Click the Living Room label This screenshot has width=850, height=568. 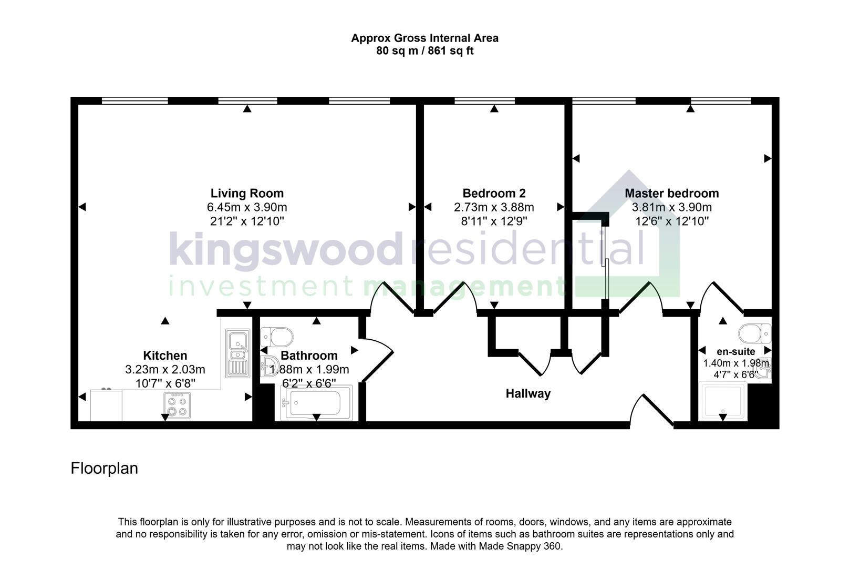pos(247,193)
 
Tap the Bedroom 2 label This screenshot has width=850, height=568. pos(494,193)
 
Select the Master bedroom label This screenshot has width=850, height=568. pos(671,193)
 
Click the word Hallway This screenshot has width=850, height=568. pos(528,393)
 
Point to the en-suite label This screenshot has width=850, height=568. pos(735,351)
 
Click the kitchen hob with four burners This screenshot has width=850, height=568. pos(177,405)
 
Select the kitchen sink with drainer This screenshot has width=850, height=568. pos(238,353)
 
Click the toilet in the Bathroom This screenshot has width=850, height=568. pos(277,335)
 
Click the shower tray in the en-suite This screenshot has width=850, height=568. pos(724,402)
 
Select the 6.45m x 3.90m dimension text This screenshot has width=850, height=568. pos(247,207)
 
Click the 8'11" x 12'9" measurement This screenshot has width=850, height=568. pos(494,221)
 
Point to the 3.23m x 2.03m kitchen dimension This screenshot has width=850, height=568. pos(165,370)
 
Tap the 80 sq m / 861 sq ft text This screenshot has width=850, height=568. pos(424,52)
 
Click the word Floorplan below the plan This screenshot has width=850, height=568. pos(104,468)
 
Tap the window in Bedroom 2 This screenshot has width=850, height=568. pos(484,100)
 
